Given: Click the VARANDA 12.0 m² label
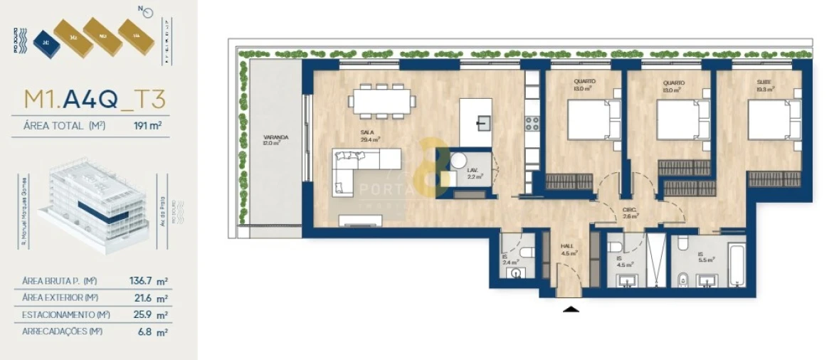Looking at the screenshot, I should (271, 140).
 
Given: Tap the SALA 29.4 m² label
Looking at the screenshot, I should (370, 136).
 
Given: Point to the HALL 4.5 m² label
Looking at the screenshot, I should (567, 250).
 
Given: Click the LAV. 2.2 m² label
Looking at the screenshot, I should (473, 174).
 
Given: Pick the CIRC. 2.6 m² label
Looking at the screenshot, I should (629, 213).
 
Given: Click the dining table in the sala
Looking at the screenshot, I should (382, 100).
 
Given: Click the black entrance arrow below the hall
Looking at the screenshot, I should (571, 309).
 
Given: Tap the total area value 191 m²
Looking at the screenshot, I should (147, 127).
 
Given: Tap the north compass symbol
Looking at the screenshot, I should (146, 11).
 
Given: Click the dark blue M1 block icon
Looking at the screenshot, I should (46, 41).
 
